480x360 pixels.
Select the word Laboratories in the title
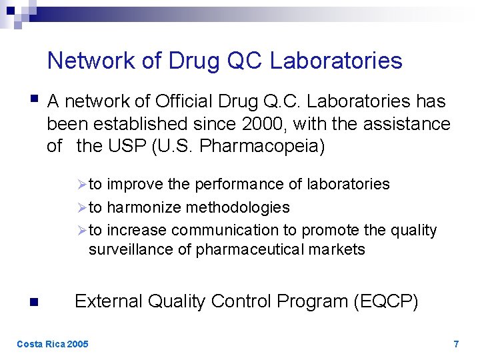[336, 61]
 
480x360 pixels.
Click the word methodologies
[237, 207]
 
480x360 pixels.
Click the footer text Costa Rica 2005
[52, 344]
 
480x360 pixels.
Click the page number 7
[456, 344]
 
